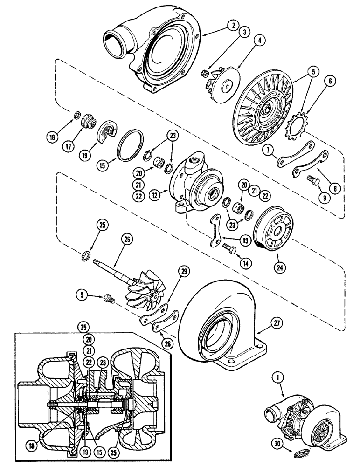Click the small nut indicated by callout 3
[x=204, y=73]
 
